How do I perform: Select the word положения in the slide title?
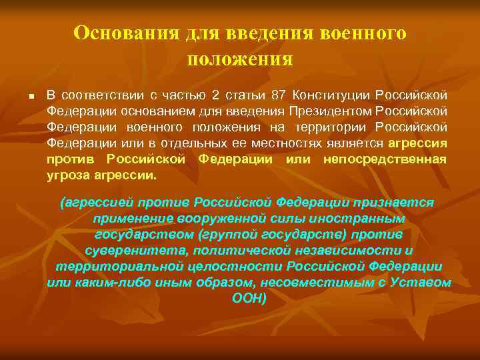pos(239,59)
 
